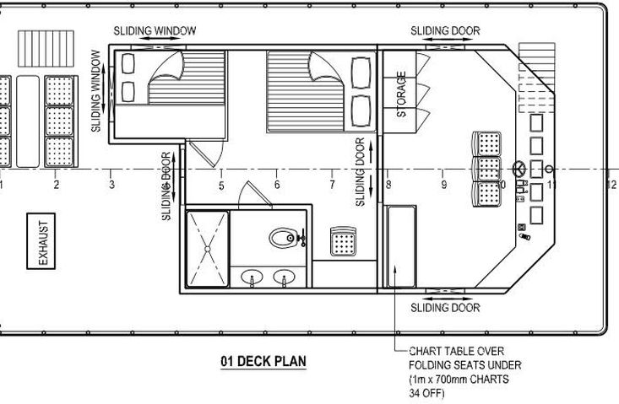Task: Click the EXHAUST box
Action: (x=41, y=241)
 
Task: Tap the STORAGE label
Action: (x=401, y=94)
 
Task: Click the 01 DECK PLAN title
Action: (x=263, y=362)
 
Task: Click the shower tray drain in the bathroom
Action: (x=207, y=248)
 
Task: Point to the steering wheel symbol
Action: (x=519, y=170)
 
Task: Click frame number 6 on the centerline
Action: (x=277, y=184)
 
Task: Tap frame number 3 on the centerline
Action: (x=112, y=184)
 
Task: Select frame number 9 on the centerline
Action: (x=444, y=184)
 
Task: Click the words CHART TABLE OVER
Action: (x=456, y=351)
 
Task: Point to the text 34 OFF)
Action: (x=426, y=393)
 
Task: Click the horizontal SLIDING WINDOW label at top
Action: (x=155, y=30)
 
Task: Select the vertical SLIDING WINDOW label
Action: (x=96, y=90)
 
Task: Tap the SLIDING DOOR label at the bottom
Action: (x=445, y=308)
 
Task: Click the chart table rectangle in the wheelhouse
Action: (x=401, y=246)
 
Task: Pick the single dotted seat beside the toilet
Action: (x=343, y=241)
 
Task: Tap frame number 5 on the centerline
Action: (x=221, y=186)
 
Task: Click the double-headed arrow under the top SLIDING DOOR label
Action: (x=445, y=40)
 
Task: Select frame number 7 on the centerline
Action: (x=333, y=184)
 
